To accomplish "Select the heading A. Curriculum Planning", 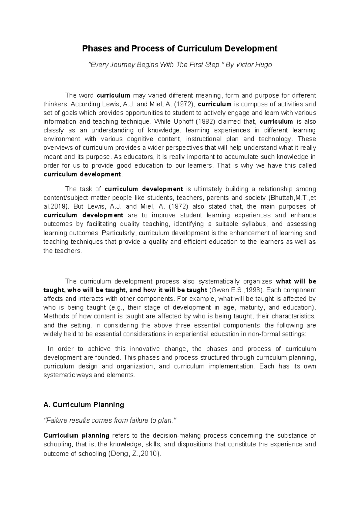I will (x=84, y=405).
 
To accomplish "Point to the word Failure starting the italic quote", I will (x=55, y=420).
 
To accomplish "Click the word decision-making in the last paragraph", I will (x=177, y=435).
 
